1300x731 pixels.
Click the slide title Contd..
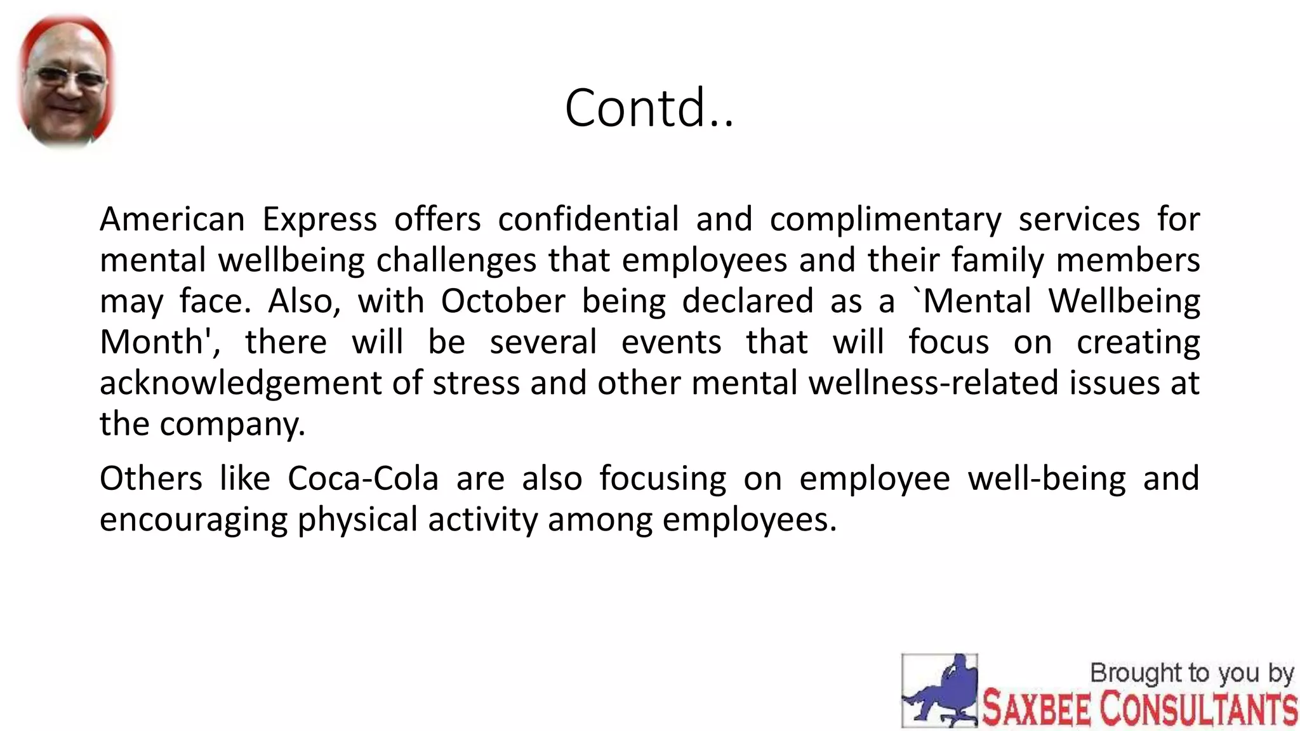tap(649, 108)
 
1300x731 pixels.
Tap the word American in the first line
tap(172, 220)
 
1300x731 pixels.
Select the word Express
tap(319, 220)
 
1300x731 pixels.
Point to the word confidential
tap(588, 220)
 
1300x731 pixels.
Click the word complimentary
tap(885, 220)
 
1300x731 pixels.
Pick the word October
tap(503, 301)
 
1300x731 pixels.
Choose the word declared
tap(747, 301)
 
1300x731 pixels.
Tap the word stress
tap(476, 383)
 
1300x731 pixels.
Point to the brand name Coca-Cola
tap(362, 478)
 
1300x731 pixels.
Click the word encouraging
tap(193, 520)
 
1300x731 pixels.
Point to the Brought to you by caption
tap(1191, 673)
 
